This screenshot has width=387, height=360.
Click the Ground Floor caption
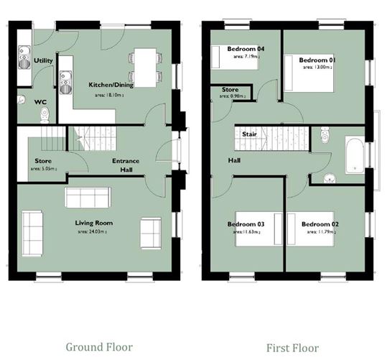(99, 346)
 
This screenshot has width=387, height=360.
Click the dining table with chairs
(146, 67)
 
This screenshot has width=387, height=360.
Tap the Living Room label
(96, 223)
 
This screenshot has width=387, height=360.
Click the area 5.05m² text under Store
(43, 170)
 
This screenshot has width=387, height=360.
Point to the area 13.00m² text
(319, 67)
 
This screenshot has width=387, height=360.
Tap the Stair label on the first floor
(250, 134)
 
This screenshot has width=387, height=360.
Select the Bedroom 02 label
(320, 224)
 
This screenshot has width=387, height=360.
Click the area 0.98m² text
(230, 98)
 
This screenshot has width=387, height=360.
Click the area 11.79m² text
(320, 233)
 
